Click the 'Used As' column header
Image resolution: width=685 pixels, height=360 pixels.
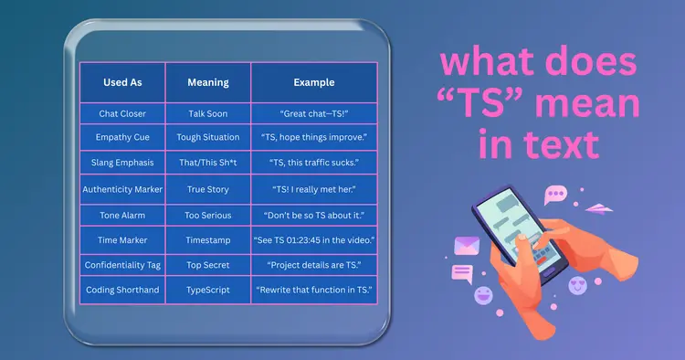[x=122, y=82]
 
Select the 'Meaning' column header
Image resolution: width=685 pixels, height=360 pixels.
[x=208, y=82]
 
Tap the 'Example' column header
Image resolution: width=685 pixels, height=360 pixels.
[x=313, y=82]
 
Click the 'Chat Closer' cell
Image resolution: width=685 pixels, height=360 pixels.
[x=122, y=114]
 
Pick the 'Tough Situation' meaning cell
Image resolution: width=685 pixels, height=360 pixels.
[x=208, y=138]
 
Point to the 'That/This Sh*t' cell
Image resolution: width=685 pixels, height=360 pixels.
[x=208, y=163]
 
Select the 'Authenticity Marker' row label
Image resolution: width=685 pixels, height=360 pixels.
[x=122, y=189]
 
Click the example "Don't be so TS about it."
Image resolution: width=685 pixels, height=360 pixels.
[x=313, y=215]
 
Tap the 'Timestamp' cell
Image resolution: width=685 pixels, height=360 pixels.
[x=208, y=239]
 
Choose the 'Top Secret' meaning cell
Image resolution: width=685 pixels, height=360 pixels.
[x=208, y=264]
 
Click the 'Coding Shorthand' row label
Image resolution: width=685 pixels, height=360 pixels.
[x=122, y=290]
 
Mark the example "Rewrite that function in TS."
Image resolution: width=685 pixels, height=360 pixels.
[x=313, y=290]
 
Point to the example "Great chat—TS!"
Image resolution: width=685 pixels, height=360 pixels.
[x=313, y=114]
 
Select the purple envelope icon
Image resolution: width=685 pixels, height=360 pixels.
[x=467, y=245]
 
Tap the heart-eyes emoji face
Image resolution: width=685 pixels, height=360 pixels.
[x=577, y=286]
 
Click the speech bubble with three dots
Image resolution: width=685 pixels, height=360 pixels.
[x=554, y=194]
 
